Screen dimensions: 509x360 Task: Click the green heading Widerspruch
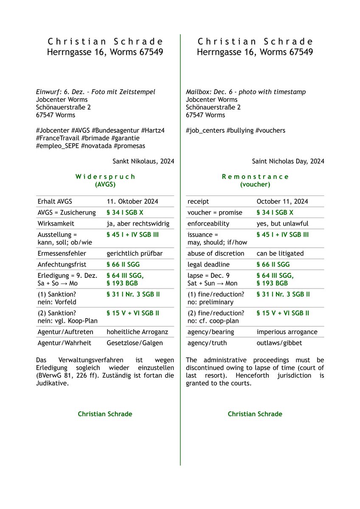coord(105,176)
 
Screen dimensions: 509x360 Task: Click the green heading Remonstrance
coord(255,176)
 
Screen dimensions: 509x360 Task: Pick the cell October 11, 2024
coord(282,201)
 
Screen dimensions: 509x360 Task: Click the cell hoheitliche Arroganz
coord(135,332)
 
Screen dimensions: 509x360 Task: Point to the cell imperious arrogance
coord(287,332)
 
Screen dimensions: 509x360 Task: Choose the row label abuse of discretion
coord(216,253)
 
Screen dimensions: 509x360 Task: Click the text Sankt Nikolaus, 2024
coord(143,161)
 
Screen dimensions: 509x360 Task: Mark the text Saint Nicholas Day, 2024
coord(288,161)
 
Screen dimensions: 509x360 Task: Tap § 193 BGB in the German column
coord(122,283)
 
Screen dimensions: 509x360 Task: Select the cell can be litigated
coord(280,253)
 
